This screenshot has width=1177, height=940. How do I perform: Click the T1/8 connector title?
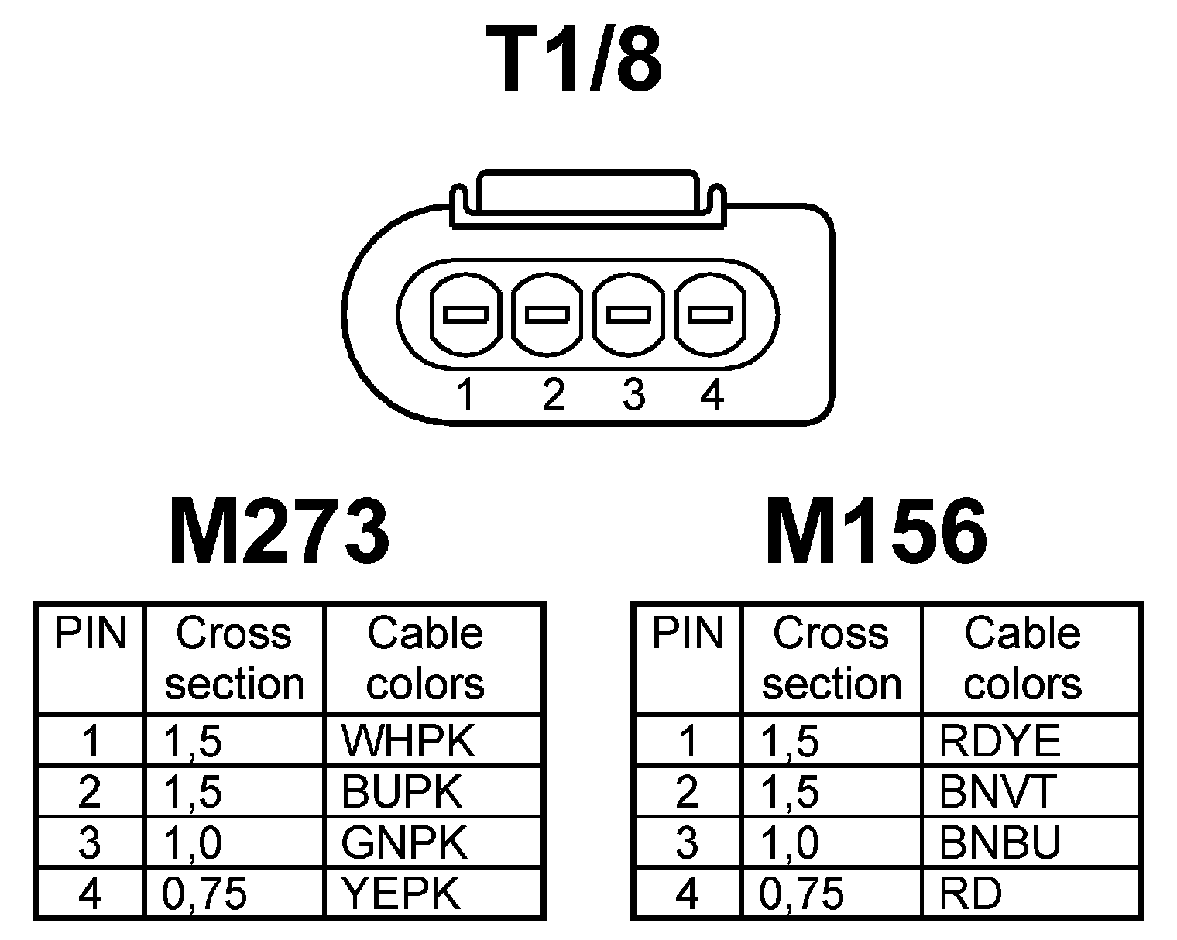(575, 60)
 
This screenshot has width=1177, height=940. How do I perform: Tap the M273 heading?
(280, 532)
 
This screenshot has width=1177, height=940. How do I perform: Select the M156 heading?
(877, 532)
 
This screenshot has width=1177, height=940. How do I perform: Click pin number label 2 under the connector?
(553, 395)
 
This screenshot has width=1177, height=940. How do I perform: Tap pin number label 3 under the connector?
(633, 395)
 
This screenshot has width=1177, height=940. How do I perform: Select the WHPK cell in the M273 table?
(407, 742)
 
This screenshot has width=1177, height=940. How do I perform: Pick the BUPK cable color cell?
(401, 791)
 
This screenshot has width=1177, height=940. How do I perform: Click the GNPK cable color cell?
(404, 842)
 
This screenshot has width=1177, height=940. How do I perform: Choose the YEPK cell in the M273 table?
(401, 894)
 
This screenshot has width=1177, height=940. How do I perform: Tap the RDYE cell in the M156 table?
(999, 742)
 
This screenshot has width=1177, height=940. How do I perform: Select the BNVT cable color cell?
(997, 791)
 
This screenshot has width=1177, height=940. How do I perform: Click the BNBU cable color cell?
(999, 842)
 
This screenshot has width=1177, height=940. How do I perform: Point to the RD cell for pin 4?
(969, 894)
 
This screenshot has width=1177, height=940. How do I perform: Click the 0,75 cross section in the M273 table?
(204, 894)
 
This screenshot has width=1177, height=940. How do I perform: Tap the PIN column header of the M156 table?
(687, 633)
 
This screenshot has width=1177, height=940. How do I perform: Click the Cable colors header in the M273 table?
(425, 658)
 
